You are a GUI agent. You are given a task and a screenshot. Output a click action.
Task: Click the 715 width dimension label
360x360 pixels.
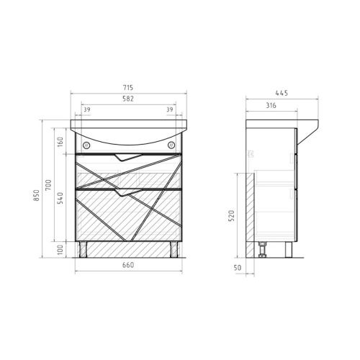tap(128, 88)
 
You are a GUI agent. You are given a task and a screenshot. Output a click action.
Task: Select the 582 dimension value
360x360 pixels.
tap(128, 99)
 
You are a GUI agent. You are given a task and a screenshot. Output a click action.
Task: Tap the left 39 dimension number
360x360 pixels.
tap(87, 109)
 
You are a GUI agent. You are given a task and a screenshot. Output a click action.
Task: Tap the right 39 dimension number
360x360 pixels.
tap(170, 109)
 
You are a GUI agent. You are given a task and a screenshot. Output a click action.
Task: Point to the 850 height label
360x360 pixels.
tap(36, 195)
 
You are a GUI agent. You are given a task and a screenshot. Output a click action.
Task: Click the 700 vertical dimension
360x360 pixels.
tap(48, 185)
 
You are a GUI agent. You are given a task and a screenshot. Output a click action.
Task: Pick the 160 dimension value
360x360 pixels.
tap(60, 142)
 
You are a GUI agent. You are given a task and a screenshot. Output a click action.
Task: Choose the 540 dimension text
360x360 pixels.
tap(60, 198)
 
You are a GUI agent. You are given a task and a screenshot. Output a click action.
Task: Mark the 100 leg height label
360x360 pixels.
tap(60, 250)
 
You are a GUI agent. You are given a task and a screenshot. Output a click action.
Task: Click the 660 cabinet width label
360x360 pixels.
tap(128, 265)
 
